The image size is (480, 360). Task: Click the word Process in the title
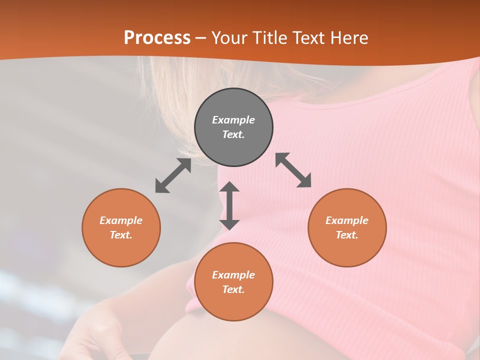(157, 38)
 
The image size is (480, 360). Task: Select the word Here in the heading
(348, 38)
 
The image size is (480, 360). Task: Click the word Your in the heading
(229, 38)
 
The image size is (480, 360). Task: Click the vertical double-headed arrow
(229, 205)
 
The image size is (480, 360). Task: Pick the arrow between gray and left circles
(173, 175)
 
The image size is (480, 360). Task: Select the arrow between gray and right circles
(293, 170)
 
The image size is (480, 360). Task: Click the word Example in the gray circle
(233, 120)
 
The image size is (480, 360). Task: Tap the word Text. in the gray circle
(233, 134)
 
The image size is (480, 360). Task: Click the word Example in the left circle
(121, 220)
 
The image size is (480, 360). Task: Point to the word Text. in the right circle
(347, 235)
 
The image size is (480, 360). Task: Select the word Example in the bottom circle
(233, 275)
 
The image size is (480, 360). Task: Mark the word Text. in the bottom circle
(233, 289)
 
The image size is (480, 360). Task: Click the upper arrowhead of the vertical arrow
(229, 187)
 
